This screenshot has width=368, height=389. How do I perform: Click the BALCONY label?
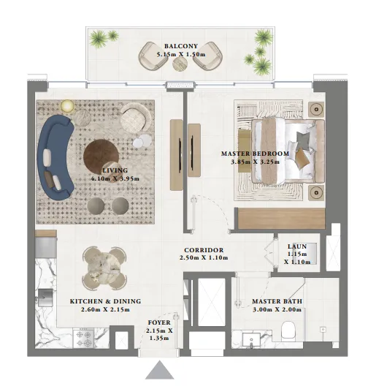tap(180, 45)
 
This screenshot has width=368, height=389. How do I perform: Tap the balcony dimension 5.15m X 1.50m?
tap(180, 55)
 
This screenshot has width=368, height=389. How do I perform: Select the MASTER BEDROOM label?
tap(255, 154)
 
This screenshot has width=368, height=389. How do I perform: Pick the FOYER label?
tap(160, 322)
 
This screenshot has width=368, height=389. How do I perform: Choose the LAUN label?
tap(297, 247)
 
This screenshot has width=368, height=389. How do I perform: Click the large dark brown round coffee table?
tap(100, 155)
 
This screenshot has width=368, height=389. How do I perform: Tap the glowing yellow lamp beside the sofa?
tap(67, 107)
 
